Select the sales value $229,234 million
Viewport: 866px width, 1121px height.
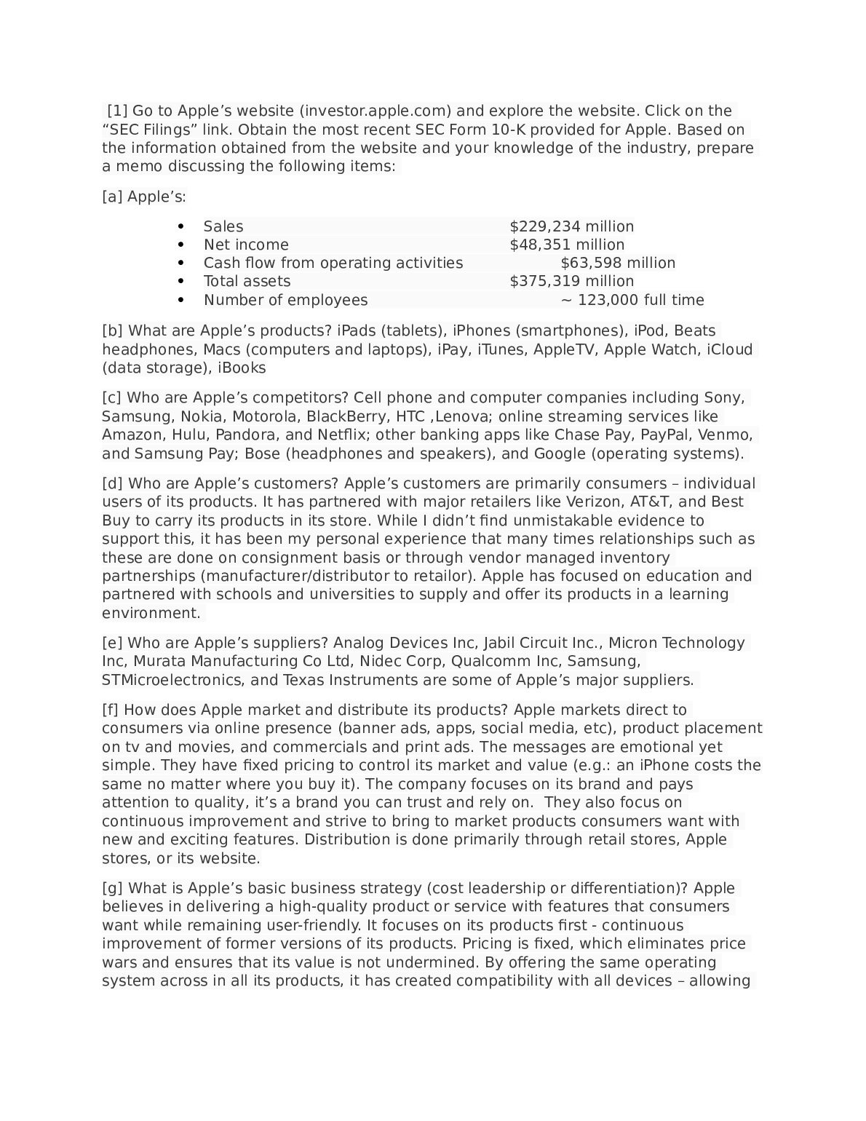pos(571,226)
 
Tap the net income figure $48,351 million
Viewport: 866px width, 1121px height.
pos(566,245)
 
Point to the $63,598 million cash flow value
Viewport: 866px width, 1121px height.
pos(618,263)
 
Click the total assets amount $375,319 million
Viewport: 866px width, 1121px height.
pos(571,281)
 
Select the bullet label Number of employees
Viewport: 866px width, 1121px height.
pos(285,300)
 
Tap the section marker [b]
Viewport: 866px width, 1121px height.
pos(113,330)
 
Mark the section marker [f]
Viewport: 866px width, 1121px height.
pos(111,710)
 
